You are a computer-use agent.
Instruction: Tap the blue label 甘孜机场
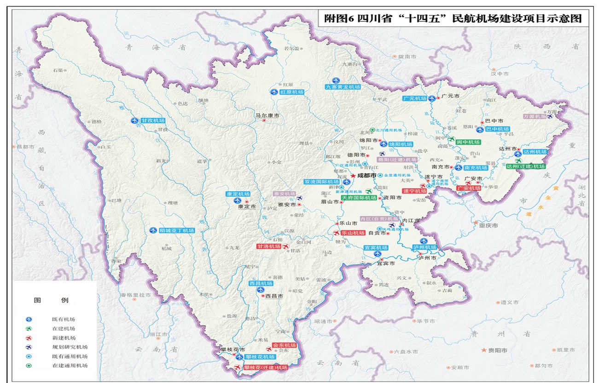153,120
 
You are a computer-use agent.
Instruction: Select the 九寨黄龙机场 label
343,86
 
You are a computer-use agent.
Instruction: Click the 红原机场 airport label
292,92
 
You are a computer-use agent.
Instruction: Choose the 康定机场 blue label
238,194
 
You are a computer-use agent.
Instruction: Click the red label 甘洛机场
269,246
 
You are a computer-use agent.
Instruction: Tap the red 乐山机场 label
353,233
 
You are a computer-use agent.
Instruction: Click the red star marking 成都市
353,176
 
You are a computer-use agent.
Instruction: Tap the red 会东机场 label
284,345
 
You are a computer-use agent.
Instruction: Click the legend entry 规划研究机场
70,347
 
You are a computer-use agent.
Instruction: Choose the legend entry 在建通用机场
70,366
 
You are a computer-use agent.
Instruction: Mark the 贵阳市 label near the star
498,350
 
